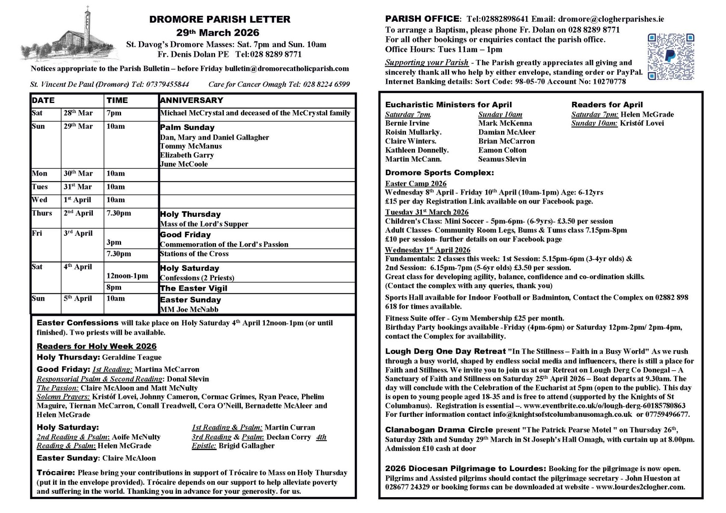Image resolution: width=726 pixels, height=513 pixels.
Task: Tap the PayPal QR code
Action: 670,57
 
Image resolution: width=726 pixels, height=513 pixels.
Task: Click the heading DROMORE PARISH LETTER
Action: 219,19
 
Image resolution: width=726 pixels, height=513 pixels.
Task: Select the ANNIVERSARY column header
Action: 191,100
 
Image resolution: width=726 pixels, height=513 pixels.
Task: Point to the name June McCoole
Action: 184,164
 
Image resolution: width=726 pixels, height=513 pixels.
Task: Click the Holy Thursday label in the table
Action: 190,214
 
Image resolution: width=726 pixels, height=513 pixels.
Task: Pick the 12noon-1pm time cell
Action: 127,276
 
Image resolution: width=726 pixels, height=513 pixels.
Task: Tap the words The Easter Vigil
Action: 193,288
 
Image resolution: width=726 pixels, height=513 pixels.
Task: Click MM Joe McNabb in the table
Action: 189,310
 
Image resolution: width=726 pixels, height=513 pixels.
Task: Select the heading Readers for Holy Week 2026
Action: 97,346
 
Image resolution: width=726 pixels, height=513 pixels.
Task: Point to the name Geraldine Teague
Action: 132,357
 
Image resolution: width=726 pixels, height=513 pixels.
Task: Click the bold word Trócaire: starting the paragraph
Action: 56,473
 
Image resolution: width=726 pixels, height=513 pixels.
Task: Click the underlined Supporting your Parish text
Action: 427,62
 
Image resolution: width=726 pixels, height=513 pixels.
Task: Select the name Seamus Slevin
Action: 502,159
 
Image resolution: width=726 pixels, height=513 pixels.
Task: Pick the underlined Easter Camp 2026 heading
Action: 415,184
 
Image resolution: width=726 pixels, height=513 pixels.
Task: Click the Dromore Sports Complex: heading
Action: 439,173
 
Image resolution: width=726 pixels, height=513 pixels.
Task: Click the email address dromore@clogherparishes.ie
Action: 611,19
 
